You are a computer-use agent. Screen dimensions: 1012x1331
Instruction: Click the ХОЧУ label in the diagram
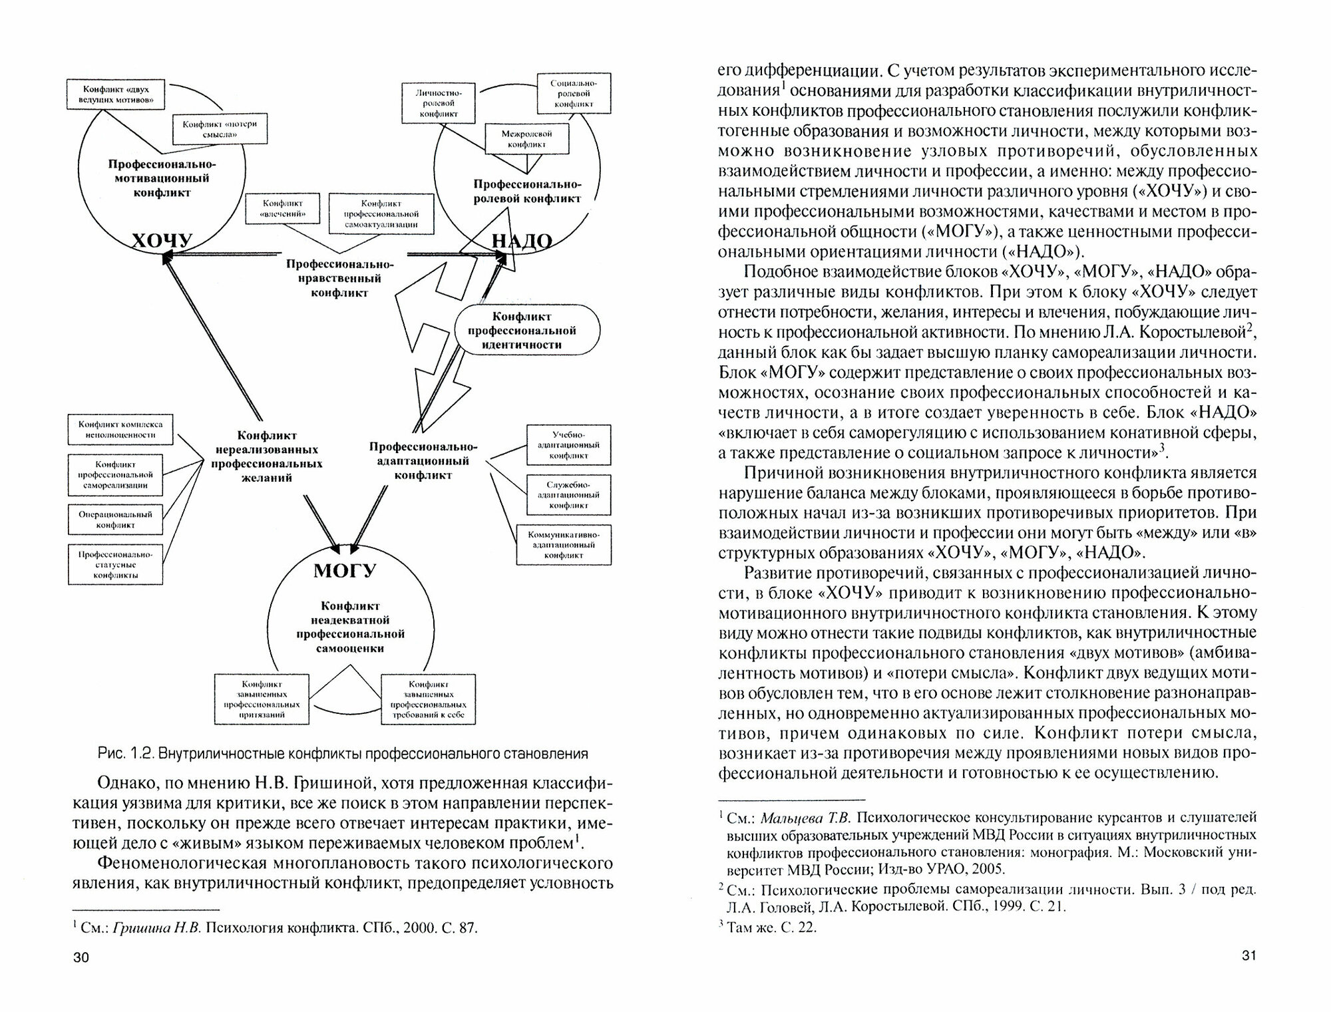point(162,240)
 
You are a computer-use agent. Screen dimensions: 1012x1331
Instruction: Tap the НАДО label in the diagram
point(522,241)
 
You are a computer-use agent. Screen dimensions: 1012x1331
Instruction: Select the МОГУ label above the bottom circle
point(345,570)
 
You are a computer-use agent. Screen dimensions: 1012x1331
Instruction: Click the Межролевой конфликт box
point(527,138)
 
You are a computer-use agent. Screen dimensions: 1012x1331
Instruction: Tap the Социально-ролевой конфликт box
point(573,94)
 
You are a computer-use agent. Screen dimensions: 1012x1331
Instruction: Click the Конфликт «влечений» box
point(282,209)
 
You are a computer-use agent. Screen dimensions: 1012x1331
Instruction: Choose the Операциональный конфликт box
point(116,520)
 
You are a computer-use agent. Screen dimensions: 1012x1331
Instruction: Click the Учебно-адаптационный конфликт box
point(568,444)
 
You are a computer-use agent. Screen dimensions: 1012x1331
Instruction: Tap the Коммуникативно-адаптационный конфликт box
point(563,544)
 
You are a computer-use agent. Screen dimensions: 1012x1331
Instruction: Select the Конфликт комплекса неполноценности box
point(120,429)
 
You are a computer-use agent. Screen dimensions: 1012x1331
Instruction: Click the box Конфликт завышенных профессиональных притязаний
point(262,699)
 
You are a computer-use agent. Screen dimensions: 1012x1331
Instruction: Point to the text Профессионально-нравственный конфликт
point(339,278)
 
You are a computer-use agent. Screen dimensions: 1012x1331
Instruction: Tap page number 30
point(81,976)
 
